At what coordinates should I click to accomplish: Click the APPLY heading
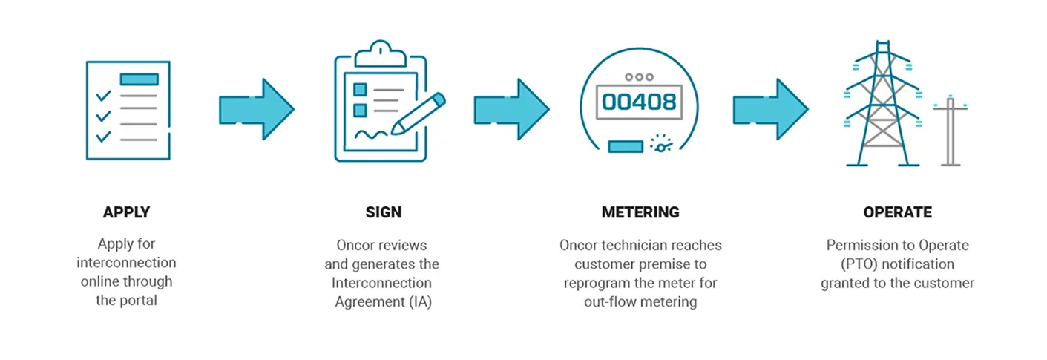click(x=126, y=212)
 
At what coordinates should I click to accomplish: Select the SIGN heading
click(x=383, y=212)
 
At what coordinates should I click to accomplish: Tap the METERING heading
click(x=640, y=212)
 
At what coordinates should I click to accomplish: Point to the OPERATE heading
click(x=897, y=212)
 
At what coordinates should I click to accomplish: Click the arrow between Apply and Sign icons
click(x=257, y=109)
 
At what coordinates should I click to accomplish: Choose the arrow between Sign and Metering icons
click(x=512, y=109)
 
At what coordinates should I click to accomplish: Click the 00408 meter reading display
click(x=639, y=101)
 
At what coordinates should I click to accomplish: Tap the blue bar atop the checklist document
click(x=139, y=79)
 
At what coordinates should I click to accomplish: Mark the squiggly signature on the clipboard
click(x=370, y=134)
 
